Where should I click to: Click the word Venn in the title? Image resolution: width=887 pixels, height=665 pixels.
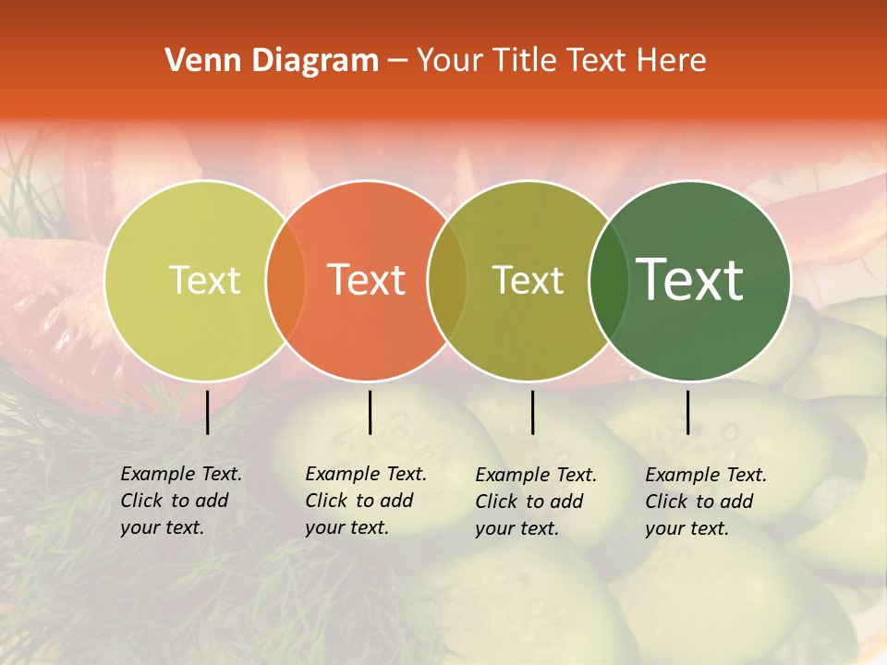click(197, 61)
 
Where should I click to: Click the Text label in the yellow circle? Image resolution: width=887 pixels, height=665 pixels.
click(204, 280)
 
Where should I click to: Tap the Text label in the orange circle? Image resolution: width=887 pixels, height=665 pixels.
click(367, 280)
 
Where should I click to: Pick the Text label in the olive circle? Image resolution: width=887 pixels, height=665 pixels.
click(529, 280)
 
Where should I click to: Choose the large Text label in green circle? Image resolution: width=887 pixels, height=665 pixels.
click(690, 280)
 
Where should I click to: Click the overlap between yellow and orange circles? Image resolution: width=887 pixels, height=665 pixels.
click(286, 280)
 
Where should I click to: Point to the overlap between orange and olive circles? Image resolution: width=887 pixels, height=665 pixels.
click(447, 280)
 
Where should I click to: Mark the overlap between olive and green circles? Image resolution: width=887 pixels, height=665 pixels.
click(608, 280)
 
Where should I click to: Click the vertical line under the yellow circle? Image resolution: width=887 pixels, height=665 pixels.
click(207, 412)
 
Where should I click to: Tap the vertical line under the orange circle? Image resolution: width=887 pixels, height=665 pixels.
click(370, 412)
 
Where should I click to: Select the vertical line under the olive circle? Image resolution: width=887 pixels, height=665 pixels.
click(532, 412)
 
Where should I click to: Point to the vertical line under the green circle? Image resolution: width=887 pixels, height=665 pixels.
click(687, 412)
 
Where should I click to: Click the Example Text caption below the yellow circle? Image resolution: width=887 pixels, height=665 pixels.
click(181, 501)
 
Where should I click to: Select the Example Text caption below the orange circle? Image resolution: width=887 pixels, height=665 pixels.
click(366, 501)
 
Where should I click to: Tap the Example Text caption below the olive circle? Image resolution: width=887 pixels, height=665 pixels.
click(536, 502)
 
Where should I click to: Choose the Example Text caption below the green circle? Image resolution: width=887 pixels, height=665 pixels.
click(706, 502)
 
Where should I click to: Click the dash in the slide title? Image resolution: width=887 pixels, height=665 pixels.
click(397, 61)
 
